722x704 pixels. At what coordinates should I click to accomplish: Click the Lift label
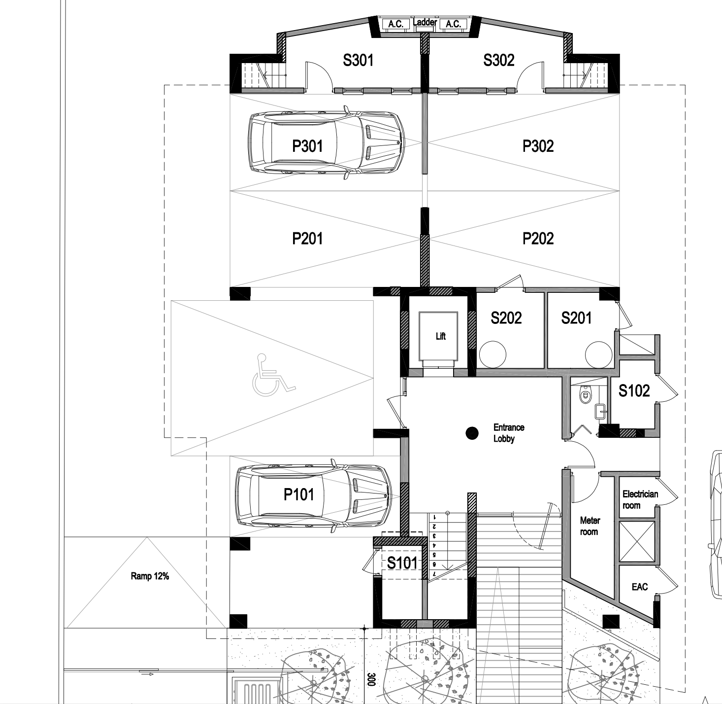pos(440,336)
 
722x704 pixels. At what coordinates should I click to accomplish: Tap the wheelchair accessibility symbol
pos(273,375)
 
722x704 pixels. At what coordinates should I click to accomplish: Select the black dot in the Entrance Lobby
pos(472,433)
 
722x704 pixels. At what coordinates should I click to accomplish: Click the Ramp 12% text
pos(150,576)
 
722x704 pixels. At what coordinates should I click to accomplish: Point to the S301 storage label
pos(358,60)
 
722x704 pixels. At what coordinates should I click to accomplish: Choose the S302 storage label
pos(498,60)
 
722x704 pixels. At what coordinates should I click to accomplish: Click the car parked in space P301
pos(326,142)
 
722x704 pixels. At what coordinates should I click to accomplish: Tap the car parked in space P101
pos(314,496)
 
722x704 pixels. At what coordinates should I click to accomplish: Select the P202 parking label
pos(538,239)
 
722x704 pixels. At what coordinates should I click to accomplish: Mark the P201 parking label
pos(307,239)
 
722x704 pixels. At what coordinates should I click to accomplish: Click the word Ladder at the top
pos(425,22)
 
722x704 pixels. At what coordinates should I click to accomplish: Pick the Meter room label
pos(590,526)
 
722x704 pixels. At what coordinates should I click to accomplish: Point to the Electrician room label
pos(640,499)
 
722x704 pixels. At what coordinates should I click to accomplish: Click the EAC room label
pos(640,587)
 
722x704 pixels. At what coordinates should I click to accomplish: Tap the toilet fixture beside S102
pos(585,394)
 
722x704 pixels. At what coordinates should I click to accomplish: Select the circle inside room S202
pos(492,354)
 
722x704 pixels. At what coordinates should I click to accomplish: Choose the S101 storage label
pos(402,563)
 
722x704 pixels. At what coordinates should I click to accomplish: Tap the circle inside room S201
pos(599,354)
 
